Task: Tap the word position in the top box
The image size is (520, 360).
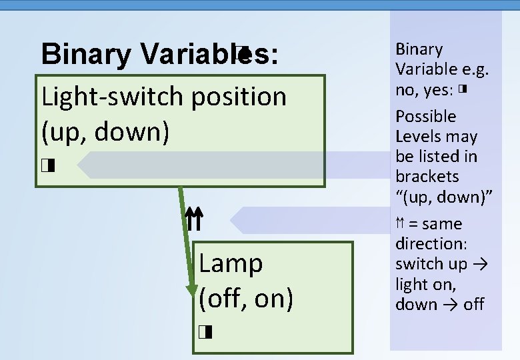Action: (x=239, y=97)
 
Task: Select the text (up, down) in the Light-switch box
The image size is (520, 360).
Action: (x=105, y=132)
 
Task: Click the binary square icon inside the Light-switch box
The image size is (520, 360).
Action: (x=46, y=165)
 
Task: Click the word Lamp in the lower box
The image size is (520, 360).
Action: (x=231, y=263)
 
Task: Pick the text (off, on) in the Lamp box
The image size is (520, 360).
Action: (x=245, y=298)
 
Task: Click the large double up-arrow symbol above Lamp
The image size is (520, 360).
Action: (x=193, y=219)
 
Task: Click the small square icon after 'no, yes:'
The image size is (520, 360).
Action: (x=461, y=89)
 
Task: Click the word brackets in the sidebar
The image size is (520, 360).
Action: (x=427, y=177)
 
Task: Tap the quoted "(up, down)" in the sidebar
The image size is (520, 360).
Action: (x=443, y=197)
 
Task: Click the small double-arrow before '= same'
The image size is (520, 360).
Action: (x=400, y=223)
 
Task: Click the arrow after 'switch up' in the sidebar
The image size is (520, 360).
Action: (x=481, y=264)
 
